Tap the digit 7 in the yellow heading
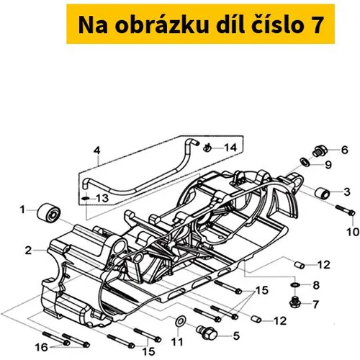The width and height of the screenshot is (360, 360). [x=316, y=25]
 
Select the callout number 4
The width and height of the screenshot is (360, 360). [x=96, y=150]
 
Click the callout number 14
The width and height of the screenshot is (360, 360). [x=230, y=148]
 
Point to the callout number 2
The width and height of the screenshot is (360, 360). [x=29, y=251]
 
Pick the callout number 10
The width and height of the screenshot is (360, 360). [x=353, y=232]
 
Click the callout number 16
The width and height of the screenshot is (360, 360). [x=41, y=347]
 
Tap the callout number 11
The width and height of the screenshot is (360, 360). [x=178, y=342]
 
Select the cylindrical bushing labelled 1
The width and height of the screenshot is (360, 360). [x=49, y=214]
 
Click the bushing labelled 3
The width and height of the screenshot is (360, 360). [x=323, y=193]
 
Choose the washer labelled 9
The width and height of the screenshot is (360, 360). [x=305, y=162]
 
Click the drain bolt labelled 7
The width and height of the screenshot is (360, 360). [x=294, y=302]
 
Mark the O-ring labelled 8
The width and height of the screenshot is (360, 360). [x=294, y=285]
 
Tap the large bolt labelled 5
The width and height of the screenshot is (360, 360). [x=207, y=332]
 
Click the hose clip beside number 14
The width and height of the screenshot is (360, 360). [x=207, y=148]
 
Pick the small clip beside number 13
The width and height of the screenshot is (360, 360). [x=86, y=198]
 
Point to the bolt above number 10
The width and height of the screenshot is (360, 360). [x=345, y=210]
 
